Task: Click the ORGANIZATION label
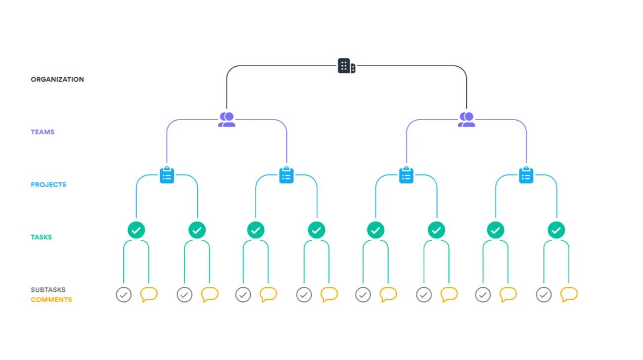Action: (x=57, y=79)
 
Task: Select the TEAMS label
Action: (x=43, y=132)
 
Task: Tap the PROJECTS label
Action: (x=48, y=184)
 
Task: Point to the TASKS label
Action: (x=42, y=237)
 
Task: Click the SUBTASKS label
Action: (x=48, y=290)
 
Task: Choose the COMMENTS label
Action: (x=51, y=300)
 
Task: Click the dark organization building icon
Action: (x=346, y=66)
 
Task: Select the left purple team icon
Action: (x=227, y=120)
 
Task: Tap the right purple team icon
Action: (x=466, y=120)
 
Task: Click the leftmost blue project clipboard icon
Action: (x=167, y=175)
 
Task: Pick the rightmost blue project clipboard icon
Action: (x=526, y=175)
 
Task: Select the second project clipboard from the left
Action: (x=286, y=175)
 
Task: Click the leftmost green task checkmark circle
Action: (x=136, y=230)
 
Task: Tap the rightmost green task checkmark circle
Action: (x=556, y=230)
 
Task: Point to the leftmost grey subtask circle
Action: (x=124, y=295)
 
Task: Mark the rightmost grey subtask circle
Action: (x=544, y=295)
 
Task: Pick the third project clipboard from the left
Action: (x=406, y=175)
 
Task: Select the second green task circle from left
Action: (x=197, y=230)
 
